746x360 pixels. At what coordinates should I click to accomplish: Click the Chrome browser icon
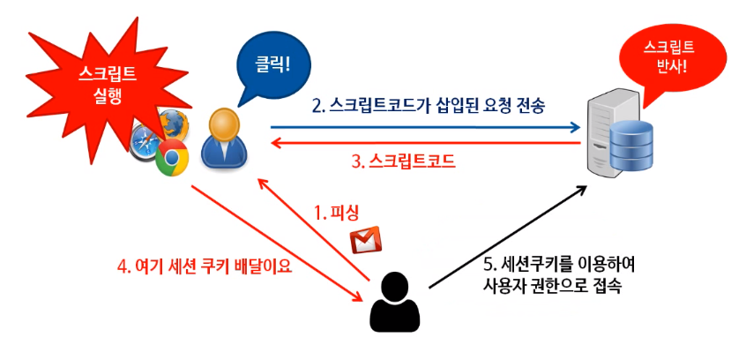point(172,159)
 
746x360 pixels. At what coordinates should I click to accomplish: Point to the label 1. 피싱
point(339,213)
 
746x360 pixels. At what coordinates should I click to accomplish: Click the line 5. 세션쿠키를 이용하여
point(559,264)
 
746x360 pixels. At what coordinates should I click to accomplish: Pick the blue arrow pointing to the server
point(423,125)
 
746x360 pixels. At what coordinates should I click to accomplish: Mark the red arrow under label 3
point(423,141)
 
